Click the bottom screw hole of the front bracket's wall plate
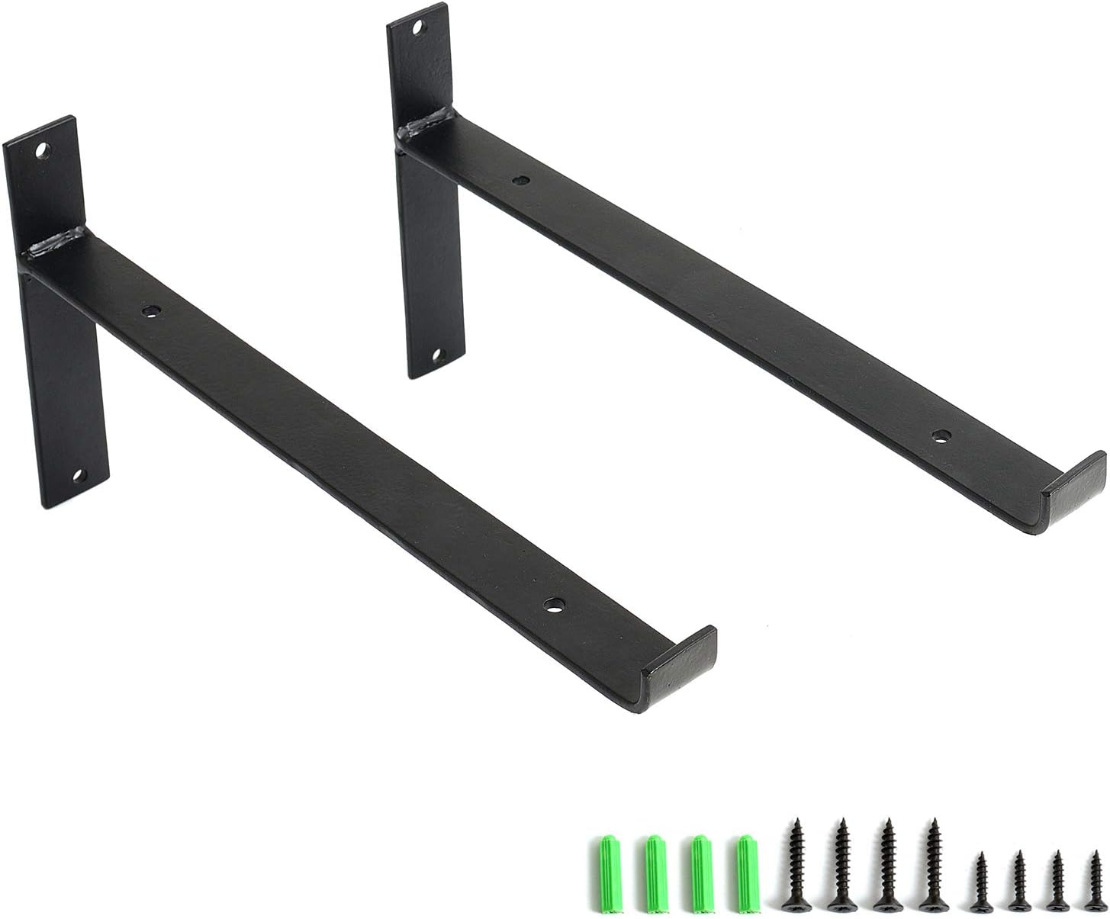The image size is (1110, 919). [x=76, y=477]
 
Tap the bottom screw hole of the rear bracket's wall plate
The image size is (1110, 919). [x=438, y=355]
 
